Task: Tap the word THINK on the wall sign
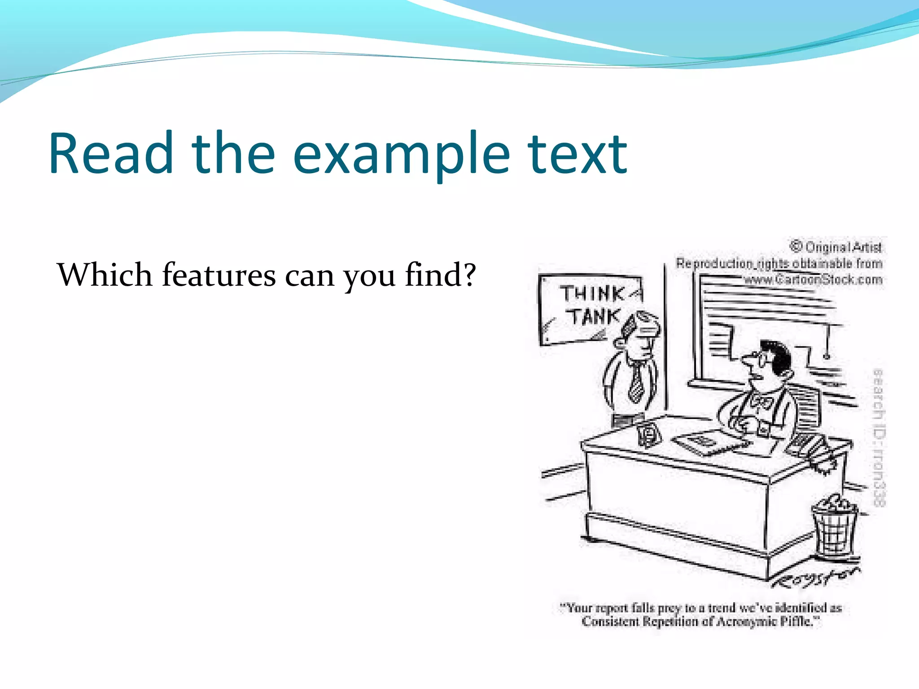click(591, 294)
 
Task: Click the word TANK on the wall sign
click(595, 317)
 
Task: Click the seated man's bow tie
click(760, 401)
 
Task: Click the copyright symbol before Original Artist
click(796, 246)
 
